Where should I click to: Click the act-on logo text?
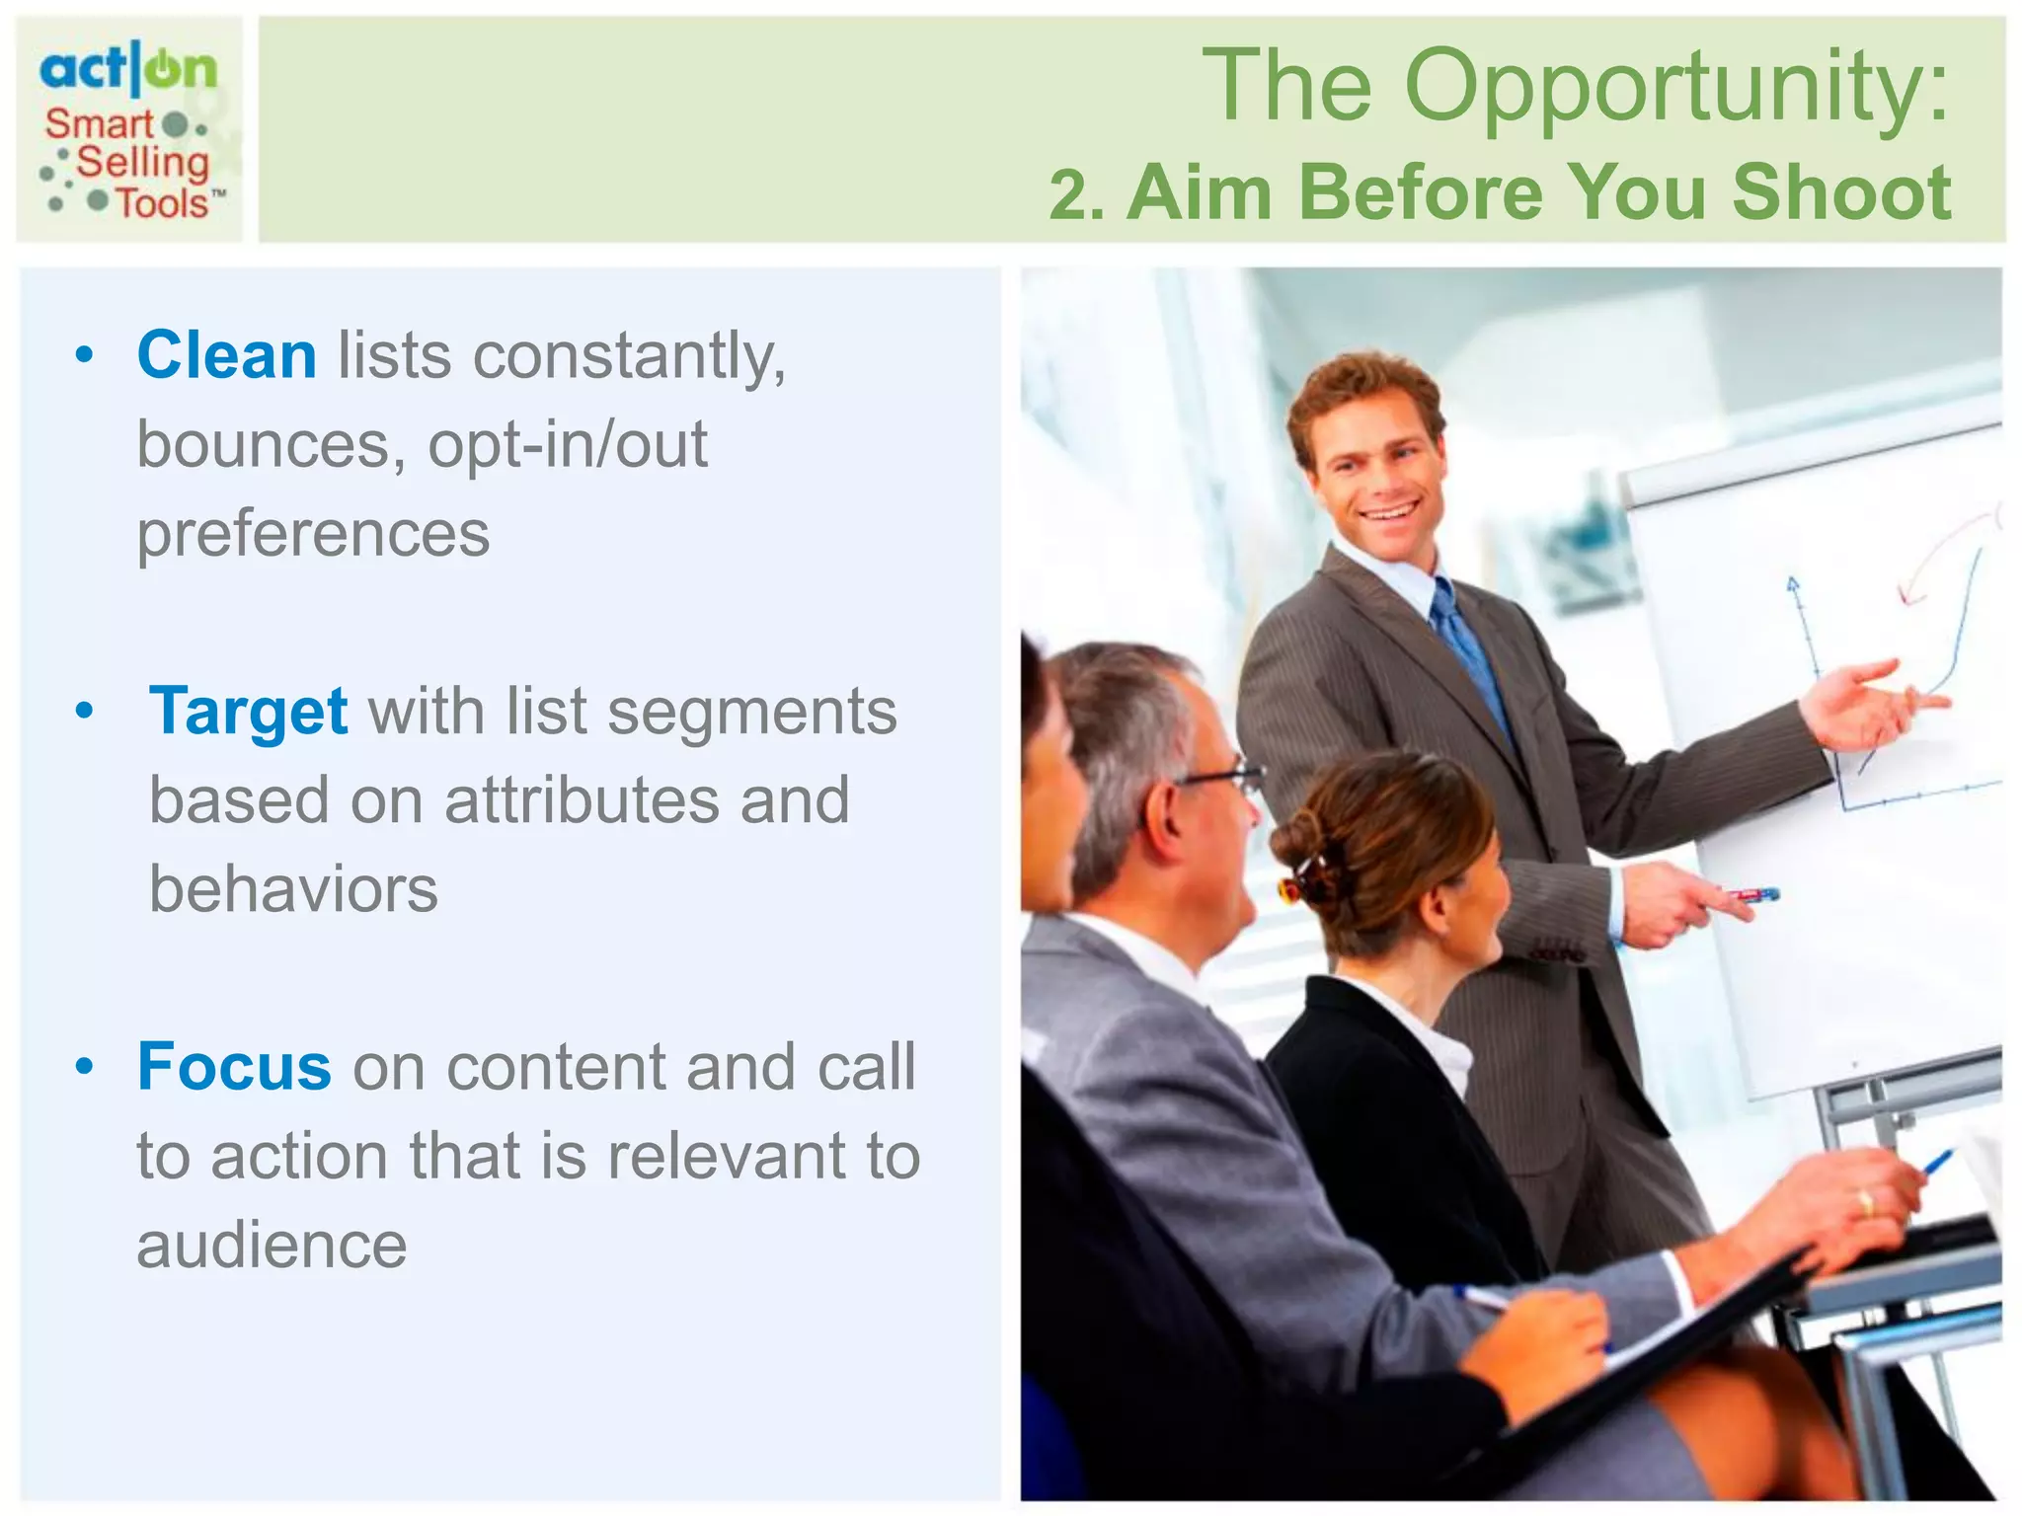pyautogui.click(x=127, y=69)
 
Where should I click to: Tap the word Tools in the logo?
pyautogui.click(x=163, y=203)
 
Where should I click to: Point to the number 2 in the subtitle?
pyautogui.click(x=1070, y=194)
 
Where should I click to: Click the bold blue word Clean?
pyautogui.click(x=226, y=355)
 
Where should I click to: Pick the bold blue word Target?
pyautogui.click(x=248, y=711)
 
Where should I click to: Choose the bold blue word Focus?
pyautogui.click(x=234, y=1067)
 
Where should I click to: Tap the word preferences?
pyautogui.click(x=313, y=534)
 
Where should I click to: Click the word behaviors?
pyautogui.click(x=293, y=889)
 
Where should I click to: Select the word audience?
pyautogui.click(x=272, y=1245)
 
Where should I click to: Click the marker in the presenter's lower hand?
pyautogui.click(x=1752, y=895)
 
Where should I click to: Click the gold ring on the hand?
pyautogui.click(x=1865, y=1202)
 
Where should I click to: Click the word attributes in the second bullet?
pyautogui.click(x=581, y=800)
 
